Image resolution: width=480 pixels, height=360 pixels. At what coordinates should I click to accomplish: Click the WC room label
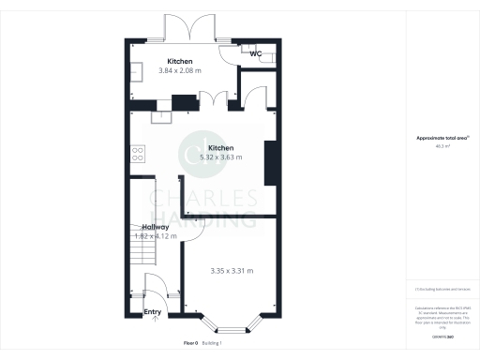pyautogui.click(x=255, y=53)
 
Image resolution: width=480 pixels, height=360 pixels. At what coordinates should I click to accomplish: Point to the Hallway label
pyautogui.click(x=156, y=227)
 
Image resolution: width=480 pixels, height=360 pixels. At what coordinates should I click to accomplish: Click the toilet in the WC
pyautogui.click(x=269, y=55)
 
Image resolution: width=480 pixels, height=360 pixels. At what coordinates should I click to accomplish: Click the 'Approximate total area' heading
pyautogui.click(x=442, y=138)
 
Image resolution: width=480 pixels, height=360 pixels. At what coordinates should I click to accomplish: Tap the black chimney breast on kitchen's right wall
pyautogui.click(x=270, y=164)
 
